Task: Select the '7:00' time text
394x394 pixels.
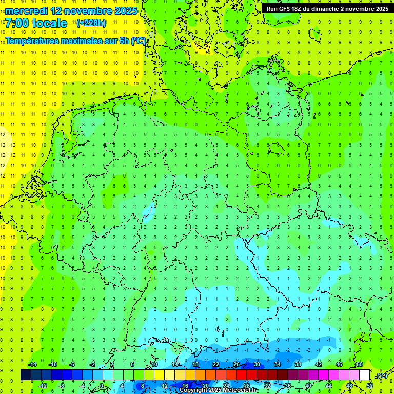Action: (16, 23)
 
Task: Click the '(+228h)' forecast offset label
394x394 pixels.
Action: (91, 23)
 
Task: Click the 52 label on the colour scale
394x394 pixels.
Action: (370, 386)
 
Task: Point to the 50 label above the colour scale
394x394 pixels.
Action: (360, 364)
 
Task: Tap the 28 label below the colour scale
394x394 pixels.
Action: (246, 386)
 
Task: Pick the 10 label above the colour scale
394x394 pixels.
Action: (154, 364)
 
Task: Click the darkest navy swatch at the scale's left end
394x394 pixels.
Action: (26, 375)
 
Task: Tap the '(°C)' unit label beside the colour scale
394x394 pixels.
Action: (382, 376)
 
